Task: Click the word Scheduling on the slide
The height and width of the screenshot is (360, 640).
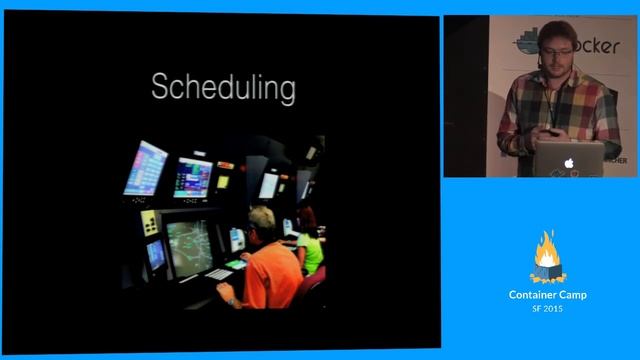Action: [223, 88]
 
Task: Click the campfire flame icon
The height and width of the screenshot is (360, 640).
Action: [546, 250]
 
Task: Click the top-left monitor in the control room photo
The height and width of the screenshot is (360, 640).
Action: [146, 167]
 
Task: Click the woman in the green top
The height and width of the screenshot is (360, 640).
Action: [310, 250]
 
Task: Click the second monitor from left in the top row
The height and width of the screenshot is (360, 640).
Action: [192, 178]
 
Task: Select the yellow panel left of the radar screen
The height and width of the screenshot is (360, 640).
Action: [149, 221]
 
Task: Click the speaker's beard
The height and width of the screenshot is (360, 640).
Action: [554, 61]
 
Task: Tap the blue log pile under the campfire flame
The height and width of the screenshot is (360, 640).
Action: [546, 272]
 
